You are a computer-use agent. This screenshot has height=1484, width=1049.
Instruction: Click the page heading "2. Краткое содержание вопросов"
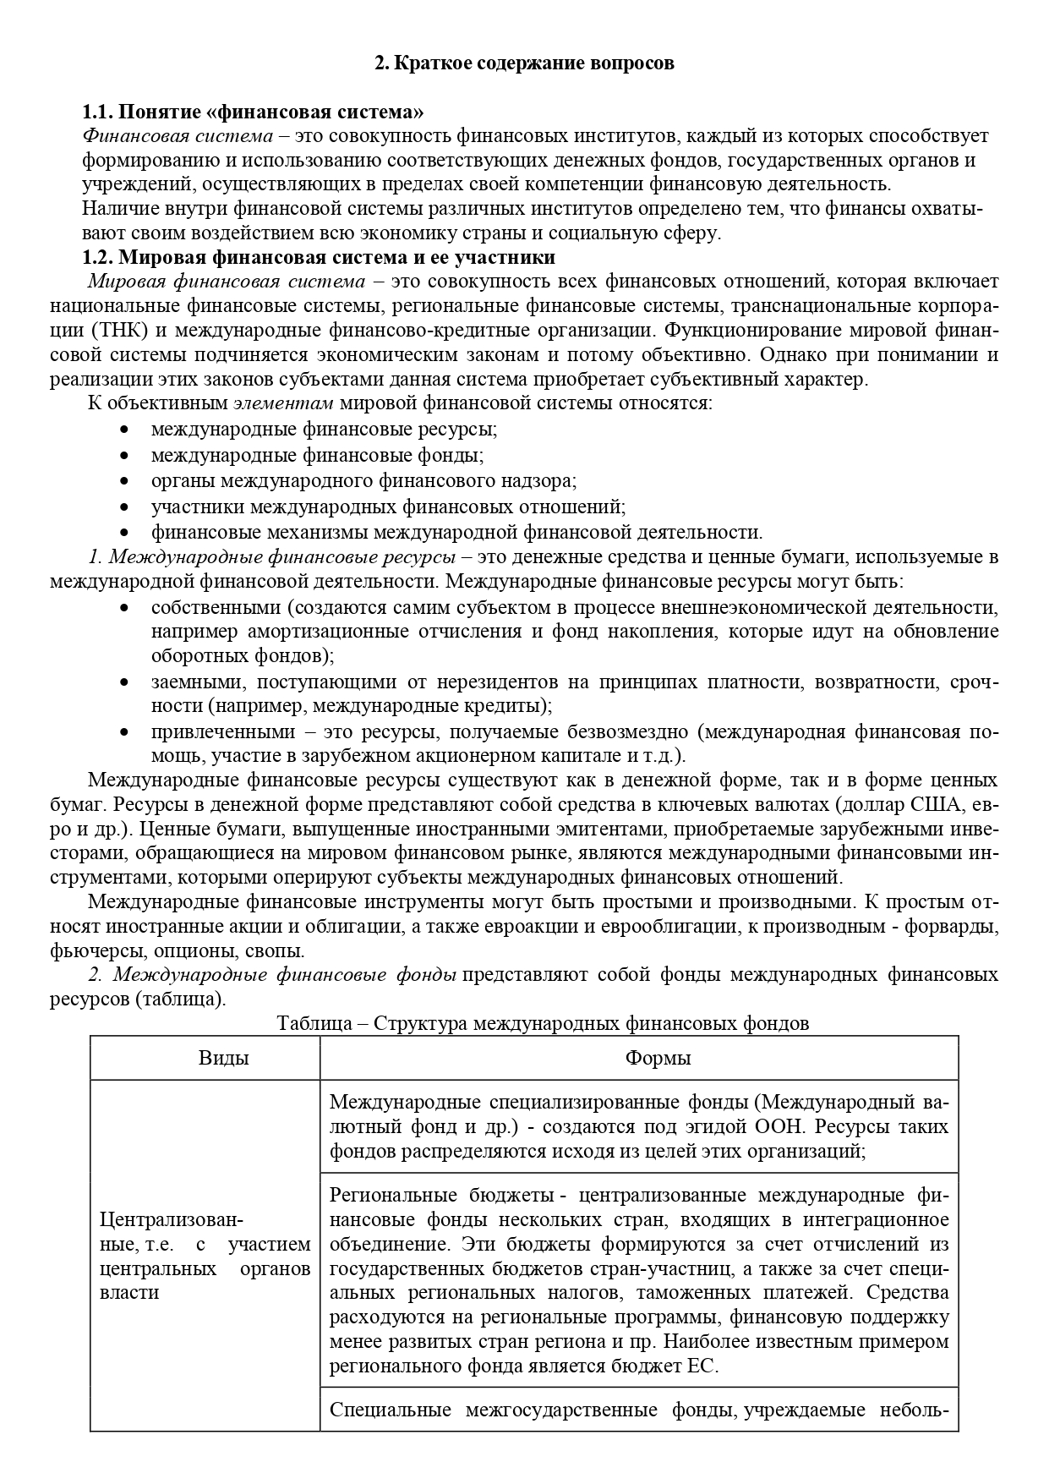pyautogui.click(x=524, y=63)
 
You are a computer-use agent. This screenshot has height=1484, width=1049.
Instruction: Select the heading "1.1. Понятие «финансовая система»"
pyautogui.click(x=253, y=112)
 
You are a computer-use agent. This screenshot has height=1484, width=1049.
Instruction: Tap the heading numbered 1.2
pyautogui.click(x=319, y=257)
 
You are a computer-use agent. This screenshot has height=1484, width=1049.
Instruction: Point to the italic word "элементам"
pyautogui.click(x=282, y=402)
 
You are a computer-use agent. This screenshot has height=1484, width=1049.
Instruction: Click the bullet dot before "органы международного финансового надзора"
pyautogui.click(x=125, y=481)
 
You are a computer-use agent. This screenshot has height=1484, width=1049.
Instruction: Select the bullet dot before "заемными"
pyautogui.click(x=125, y=682)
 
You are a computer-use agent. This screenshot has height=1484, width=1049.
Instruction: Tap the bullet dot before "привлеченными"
pyautogui.click(x=125, y=731)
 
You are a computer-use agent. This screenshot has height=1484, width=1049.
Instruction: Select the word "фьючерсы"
pyautogui.click(x=91, y=950)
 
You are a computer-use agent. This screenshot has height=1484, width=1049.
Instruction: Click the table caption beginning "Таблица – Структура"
pyautogui.click(x=543, y=1023)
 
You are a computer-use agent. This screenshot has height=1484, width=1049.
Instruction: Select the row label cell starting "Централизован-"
pyautogui.click(x=205, y=1256)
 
